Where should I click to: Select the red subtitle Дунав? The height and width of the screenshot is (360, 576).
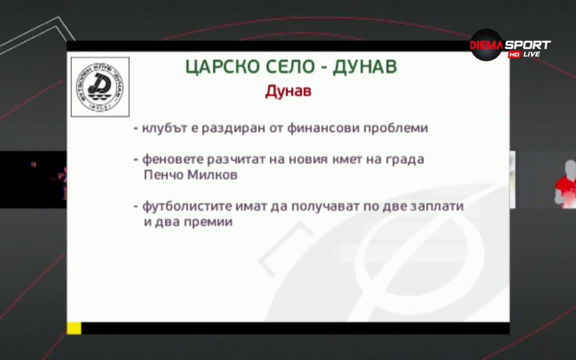coord(289,92)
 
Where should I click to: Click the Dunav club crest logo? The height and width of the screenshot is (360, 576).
coord(100,87)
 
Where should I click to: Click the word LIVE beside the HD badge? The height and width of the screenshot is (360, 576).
coord(531,55)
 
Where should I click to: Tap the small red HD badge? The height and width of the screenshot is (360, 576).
coord(514,55)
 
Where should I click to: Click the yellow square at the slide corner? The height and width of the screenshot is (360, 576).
coord(74,328)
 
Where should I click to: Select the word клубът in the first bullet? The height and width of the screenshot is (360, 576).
coord(163,128)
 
